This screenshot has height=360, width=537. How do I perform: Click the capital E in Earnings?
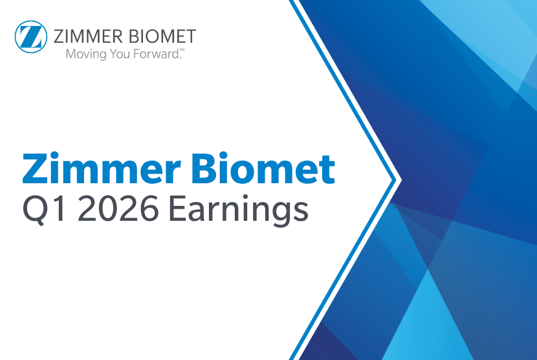click(176, 209)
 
